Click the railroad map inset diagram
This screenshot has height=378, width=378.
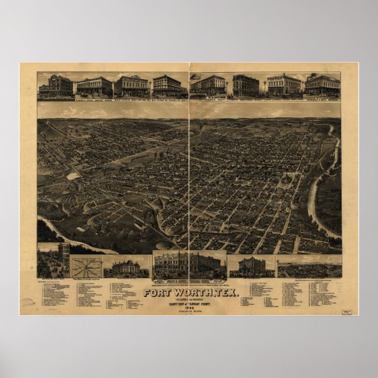click(x=86, y=266)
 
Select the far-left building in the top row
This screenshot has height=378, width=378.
click(x=56, y=86)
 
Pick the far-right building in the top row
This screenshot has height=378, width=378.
click(x=322, y=86)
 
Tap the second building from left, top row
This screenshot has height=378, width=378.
click(x=94, y=86)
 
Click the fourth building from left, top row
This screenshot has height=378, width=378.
click(x=167, y=86)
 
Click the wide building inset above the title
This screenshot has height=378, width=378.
click(x=189, y=265)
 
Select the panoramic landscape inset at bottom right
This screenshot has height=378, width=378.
click(x=309, y=269)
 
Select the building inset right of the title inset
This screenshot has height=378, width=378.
click(x=251, y=266)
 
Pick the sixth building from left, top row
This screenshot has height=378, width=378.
click(x=245, y=86)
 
